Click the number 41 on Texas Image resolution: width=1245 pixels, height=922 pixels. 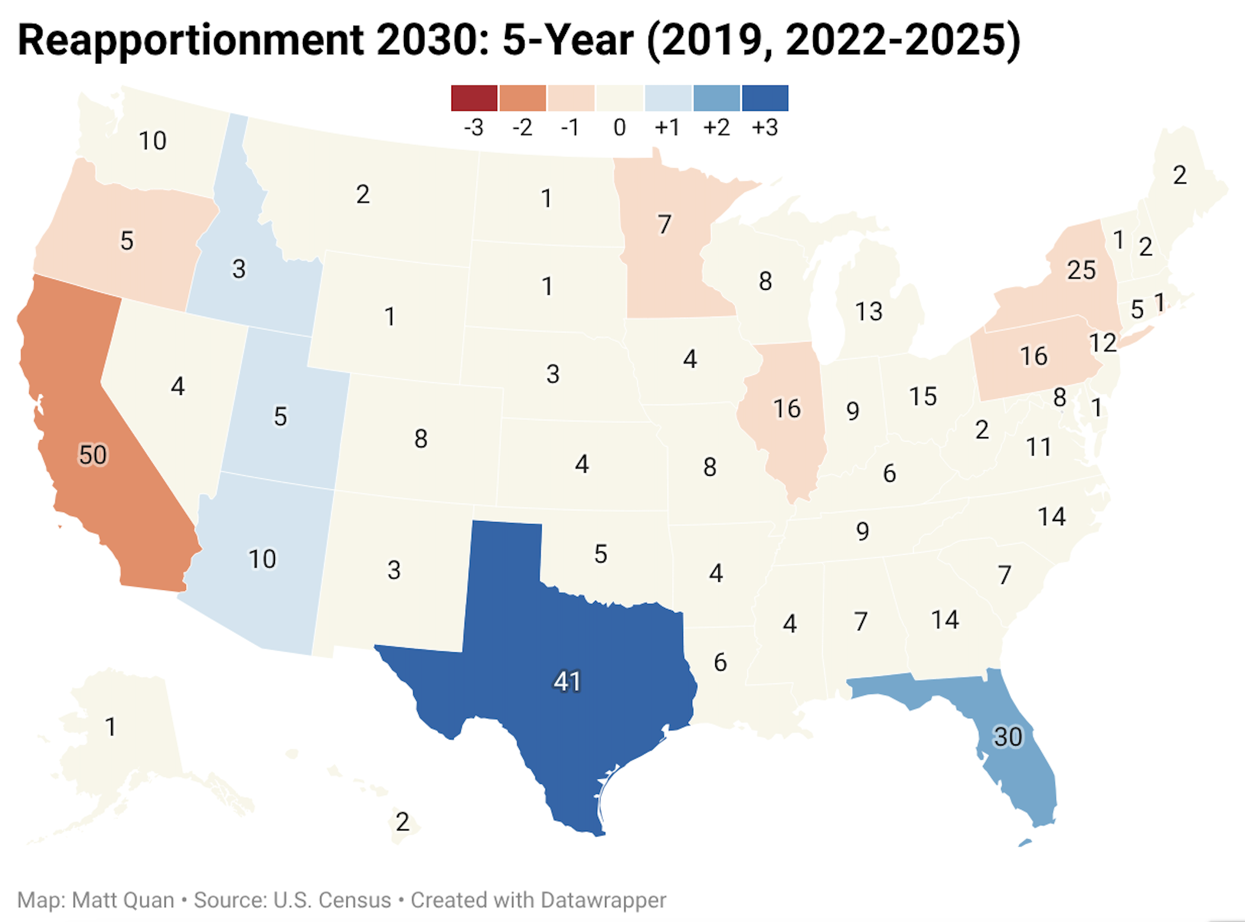[567, 681]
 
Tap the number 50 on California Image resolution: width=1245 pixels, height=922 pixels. [93, 455]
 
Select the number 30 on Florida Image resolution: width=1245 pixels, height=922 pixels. [1007, 737]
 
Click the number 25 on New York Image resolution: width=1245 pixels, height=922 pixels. [1081, 270]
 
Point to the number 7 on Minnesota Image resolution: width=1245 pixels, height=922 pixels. [664, 225]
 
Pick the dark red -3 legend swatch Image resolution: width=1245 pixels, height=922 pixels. [474, 98]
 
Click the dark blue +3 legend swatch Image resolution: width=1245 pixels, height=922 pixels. [765, 98]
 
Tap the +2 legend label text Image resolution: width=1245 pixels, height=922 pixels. [716, 128]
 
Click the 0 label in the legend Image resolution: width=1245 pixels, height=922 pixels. [620, 128]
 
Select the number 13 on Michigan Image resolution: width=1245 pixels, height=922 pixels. [868, 311]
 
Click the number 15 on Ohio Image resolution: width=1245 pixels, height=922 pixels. [922, 397]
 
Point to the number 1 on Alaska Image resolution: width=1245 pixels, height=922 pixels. [110, 727]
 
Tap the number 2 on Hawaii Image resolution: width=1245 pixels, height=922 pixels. [402, 822]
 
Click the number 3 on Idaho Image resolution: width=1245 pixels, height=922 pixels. [239, 269]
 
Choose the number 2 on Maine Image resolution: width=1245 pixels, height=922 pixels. [1180, 175]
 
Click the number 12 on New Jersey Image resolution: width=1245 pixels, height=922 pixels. [1102, 343]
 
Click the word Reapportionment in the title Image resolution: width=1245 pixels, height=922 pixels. [191, 40]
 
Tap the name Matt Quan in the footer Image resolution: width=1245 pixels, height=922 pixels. [123, 900]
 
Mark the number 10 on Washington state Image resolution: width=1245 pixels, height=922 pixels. [152, 141]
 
